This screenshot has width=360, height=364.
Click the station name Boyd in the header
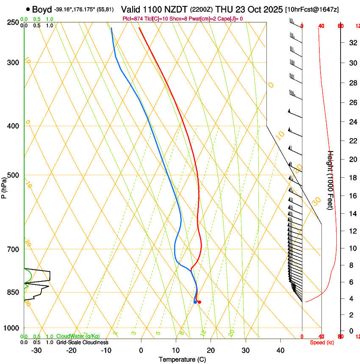pos(42,9)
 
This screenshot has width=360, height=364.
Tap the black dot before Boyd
pos(28,9)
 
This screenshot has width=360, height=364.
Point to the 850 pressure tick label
pos(13,292)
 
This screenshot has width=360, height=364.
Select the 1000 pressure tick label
pos(11,328)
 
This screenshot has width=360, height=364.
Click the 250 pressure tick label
pos(13,22)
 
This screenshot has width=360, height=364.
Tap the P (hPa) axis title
pos(4,187)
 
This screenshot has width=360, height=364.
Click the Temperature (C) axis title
pos(182,359)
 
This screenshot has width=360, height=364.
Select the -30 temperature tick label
pos(36,350)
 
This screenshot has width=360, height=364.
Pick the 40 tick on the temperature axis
pos(280,350)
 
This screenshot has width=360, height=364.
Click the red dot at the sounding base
pos(199,302)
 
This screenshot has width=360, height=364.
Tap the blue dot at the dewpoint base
pos(195,302)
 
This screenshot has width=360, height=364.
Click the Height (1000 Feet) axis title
pos(331,180)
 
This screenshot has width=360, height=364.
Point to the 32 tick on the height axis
pos(352,43)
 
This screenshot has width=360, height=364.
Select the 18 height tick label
pos(352,178)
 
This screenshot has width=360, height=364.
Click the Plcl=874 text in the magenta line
pos(133,19)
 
